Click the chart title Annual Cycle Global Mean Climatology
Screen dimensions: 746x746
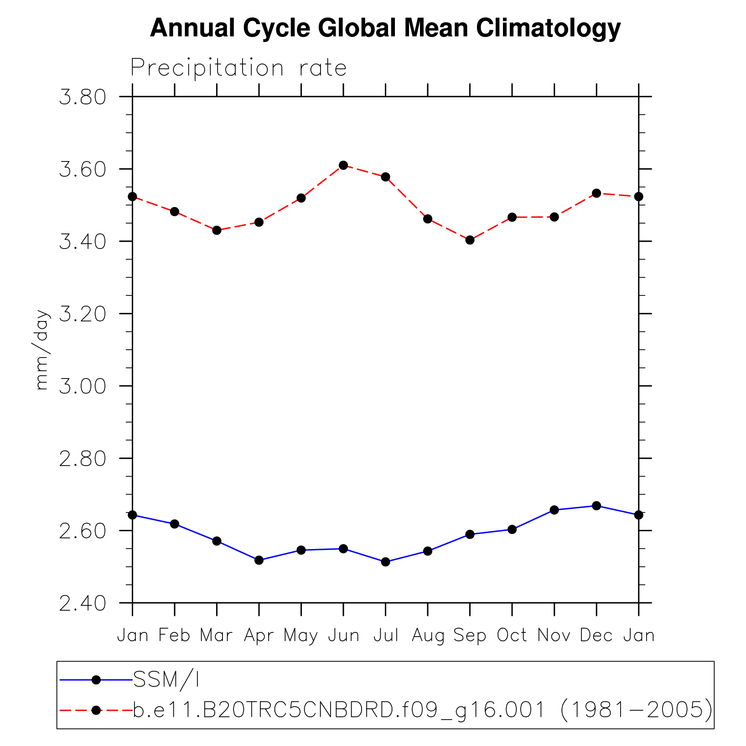[x=385, y=28]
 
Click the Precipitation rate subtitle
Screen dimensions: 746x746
[x=238, y=68]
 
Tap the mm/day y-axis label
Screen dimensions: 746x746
[x=42, y=350]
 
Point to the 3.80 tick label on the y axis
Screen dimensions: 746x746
[x=83, y=98]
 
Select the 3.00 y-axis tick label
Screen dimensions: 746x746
[x=83, y=387]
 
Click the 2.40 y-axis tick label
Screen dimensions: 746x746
[x=83, y=604]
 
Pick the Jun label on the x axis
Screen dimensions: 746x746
[x=343, y=635]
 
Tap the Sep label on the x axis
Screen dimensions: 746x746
[x=470, y=635]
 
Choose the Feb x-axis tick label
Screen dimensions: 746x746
[x=174, y=635]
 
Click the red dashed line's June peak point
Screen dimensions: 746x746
[x=343, y=165]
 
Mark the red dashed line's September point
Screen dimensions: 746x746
[x=470, y=240]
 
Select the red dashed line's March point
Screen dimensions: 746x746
[x=217, y=230]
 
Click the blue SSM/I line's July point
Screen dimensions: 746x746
[x=386, y=562]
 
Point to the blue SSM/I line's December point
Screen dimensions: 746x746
[x=596, y=506]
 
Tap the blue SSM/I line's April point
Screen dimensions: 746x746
[x=259, y=560]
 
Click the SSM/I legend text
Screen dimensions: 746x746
[x=166, y=680]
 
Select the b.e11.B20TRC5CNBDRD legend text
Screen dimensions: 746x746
[x=422, y=710]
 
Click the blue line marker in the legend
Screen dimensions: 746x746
[x=96, y=680]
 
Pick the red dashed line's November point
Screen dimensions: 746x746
[x=554, y=217]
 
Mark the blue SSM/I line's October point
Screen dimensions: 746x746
[x=512, y=529]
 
